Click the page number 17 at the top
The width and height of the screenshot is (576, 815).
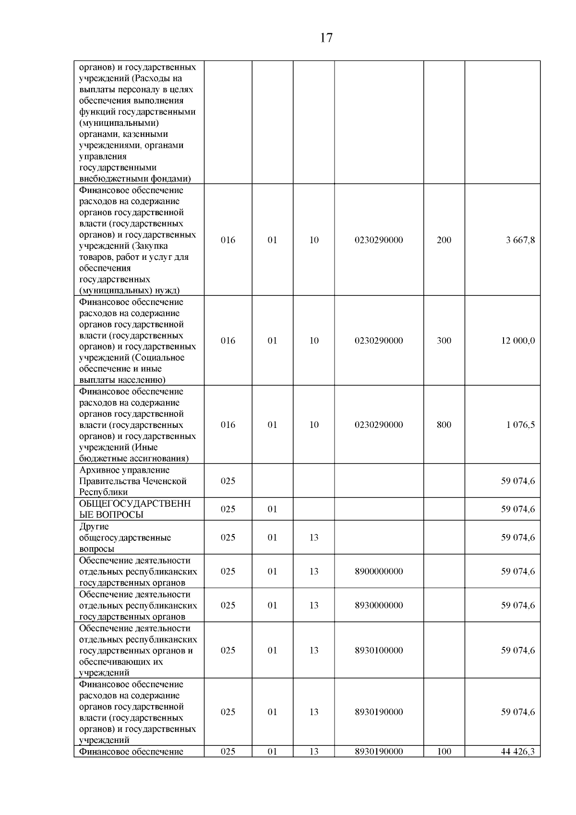point(326,38)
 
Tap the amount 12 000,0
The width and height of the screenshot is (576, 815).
point(518,341)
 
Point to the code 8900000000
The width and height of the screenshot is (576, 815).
point(379,572)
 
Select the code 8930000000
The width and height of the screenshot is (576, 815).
point(379,606)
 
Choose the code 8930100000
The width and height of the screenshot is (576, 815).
point(379,651)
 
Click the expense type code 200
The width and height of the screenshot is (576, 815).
point(444,240)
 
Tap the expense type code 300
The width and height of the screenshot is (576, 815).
point(444,341)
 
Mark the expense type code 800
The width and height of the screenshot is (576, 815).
point(444,425)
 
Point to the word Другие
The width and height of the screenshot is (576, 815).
point(94,527)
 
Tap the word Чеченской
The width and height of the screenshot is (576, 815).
point(163,481)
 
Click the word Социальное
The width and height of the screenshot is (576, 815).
point(159,358)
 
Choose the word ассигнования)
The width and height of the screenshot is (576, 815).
point(159,459)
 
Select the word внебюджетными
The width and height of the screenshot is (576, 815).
point(109,179)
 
